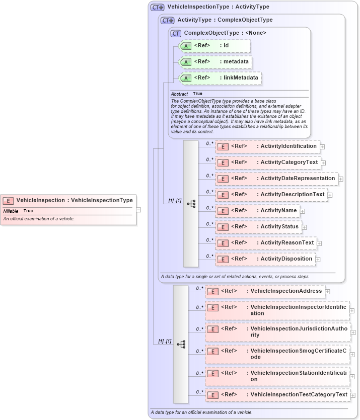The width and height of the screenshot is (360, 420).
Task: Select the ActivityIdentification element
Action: [x=267, y=146]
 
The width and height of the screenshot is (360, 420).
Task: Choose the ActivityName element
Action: [x=257, y=211]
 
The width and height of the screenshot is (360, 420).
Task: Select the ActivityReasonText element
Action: [x=266, y=243]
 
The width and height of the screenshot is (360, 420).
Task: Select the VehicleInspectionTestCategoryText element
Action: [x=277, y=395]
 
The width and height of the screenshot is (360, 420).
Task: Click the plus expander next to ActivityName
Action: [x=303, y=211]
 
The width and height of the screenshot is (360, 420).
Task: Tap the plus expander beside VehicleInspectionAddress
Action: [x=327, y=291]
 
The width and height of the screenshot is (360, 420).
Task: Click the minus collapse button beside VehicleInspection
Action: [x=138, y=210]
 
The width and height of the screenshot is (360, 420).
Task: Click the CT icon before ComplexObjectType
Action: [x=176, y=33]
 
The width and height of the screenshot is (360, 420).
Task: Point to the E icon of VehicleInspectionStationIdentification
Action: [x=213, y=373]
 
